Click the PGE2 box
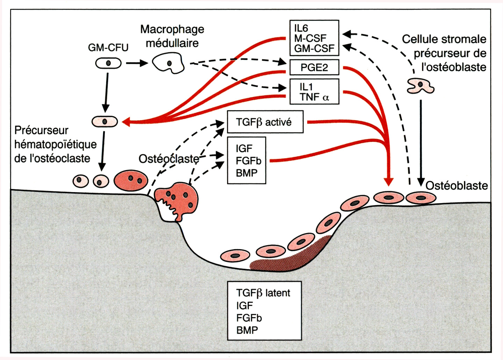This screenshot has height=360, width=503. pyautogui.click(x=314, y=67)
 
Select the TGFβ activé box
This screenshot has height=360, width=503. pyautogui.click(x=265, y=122)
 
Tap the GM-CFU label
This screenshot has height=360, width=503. pyautogui.click(x=108, y=47)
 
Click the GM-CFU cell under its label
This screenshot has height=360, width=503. pyautogui.click(x=108, y=63)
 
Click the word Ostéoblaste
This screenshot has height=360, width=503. pyautogui.click(x=457, y=185)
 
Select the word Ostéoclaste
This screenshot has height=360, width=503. pyautogui.click(x=169, y=159)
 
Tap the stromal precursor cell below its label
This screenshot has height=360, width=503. pyautogui.click(x=421, y=86)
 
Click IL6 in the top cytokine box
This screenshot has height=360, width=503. pyautogui.click(x=301, y=28)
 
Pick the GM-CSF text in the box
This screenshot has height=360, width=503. pyautogui.click(x=314, y=48)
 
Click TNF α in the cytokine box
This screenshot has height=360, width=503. pyautogui.click(x=314, y=97)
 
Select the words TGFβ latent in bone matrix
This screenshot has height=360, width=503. pyautogui.click(x=263, y=293)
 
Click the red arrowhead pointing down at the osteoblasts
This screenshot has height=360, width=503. pyautogui.click(x=388, y=181)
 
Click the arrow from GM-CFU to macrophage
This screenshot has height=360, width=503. pyautogui.click(x=137, y=63)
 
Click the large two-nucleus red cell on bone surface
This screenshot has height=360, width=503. pyautogui.click(x=131, y=181)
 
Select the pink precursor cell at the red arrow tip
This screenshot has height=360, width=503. pyautogui.click(x=105, y=122)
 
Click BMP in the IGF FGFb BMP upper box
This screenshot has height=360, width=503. pyautogui.click(x=246, y=173)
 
